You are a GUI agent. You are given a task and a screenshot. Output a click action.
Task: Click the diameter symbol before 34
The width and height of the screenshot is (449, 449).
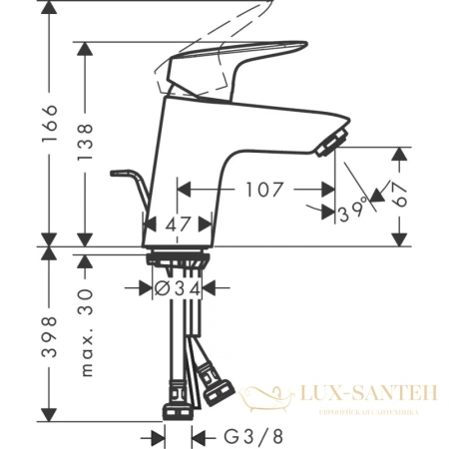click(x=162, y=290)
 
